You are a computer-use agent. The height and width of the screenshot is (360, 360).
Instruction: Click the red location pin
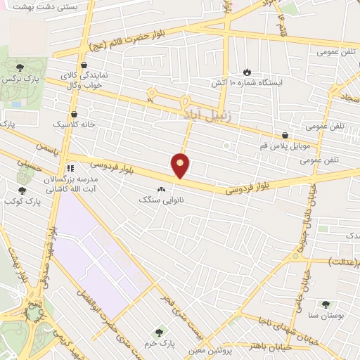181,165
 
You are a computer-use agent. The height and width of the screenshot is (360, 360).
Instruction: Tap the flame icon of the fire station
247,71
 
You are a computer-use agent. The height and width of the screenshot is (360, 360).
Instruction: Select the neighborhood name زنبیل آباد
202,112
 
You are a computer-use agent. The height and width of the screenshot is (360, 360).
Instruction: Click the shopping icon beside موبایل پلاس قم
285,135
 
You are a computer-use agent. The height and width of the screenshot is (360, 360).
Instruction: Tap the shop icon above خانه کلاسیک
74,112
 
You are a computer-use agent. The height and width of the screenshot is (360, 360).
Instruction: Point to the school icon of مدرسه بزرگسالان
70,169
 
